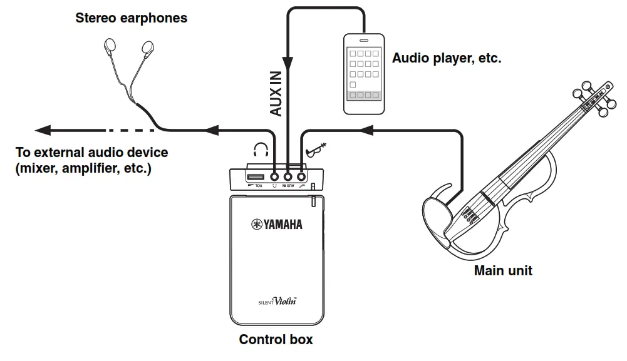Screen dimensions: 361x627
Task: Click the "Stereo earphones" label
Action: [131, 18]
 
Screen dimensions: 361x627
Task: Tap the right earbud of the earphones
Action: [147, 47]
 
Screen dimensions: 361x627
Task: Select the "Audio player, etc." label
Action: [447, 58]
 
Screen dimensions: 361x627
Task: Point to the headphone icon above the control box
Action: [261, 151]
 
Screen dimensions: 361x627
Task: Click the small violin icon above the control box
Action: [317, 150]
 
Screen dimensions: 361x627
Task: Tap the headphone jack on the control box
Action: [274, 176]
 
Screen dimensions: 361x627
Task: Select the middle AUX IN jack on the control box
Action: [288, 176]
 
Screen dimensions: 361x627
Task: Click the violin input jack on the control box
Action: [302, 176]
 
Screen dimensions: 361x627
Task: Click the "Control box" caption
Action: [276, 340]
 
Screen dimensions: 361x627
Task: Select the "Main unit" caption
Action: [503, 271]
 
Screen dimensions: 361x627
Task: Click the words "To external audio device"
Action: [91, 152]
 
